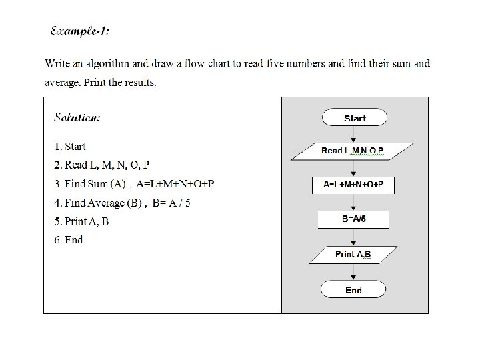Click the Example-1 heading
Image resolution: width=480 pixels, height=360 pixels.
click(79, 31)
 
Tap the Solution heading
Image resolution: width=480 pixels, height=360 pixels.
click(77, 117)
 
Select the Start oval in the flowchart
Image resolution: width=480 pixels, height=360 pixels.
click(355, 118)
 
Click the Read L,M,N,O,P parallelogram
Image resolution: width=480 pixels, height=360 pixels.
click(352, 151)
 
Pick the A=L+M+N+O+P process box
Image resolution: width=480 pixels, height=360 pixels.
click(353, 185)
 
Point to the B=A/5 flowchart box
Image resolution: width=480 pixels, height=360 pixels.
click(353, 218)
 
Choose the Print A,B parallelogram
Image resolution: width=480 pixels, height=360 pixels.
click(353, 254)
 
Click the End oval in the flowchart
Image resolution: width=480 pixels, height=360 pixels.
click(353, 289)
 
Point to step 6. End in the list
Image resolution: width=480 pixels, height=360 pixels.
click(69, 240)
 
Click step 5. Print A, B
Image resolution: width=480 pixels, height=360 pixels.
click(82, 221)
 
